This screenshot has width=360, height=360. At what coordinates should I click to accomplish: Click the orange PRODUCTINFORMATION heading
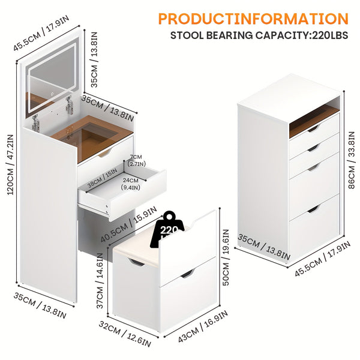(253, 19)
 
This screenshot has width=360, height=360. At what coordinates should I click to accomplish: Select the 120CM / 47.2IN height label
(11, 164)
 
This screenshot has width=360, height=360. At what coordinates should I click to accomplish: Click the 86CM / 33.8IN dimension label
(352, 160)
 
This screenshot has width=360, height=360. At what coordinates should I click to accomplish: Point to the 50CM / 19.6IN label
(226, 257)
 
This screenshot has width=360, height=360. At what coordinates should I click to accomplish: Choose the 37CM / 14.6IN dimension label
(100, 280)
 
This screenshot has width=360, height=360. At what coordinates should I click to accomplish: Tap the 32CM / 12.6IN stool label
(125, 334)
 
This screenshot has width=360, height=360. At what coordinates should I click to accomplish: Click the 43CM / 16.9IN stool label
(203, 326)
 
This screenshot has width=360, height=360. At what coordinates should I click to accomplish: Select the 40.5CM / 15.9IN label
(129, 224)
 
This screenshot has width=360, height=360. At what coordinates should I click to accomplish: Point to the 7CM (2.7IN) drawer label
(137, 160)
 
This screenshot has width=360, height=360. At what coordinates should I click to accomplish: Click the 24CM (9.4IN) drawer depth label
(131, 184)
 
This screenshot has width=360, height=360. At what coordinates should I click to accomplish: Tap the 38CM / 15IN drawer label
(103, 178)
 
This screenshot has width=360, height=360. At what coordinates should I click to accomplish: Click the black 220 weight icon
(167, 229)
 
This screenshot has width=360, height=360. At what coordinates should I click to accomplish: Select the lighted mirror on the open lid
(51, 77)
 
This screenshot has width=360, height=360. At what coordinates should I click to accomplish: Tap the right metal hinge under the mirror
(69, 106)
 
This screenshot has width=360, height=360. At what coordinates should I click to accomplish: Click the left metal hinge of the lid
(35, 123)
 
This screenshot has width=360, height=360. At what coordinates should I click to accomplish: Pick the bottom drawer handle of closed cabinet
(313, 209)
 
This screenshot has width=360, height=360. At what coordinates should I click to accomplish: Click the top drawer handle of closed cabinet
(313, 128)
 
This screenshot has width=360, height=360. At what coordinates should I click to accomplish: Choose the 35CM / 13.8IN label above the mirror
(95, 59)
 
